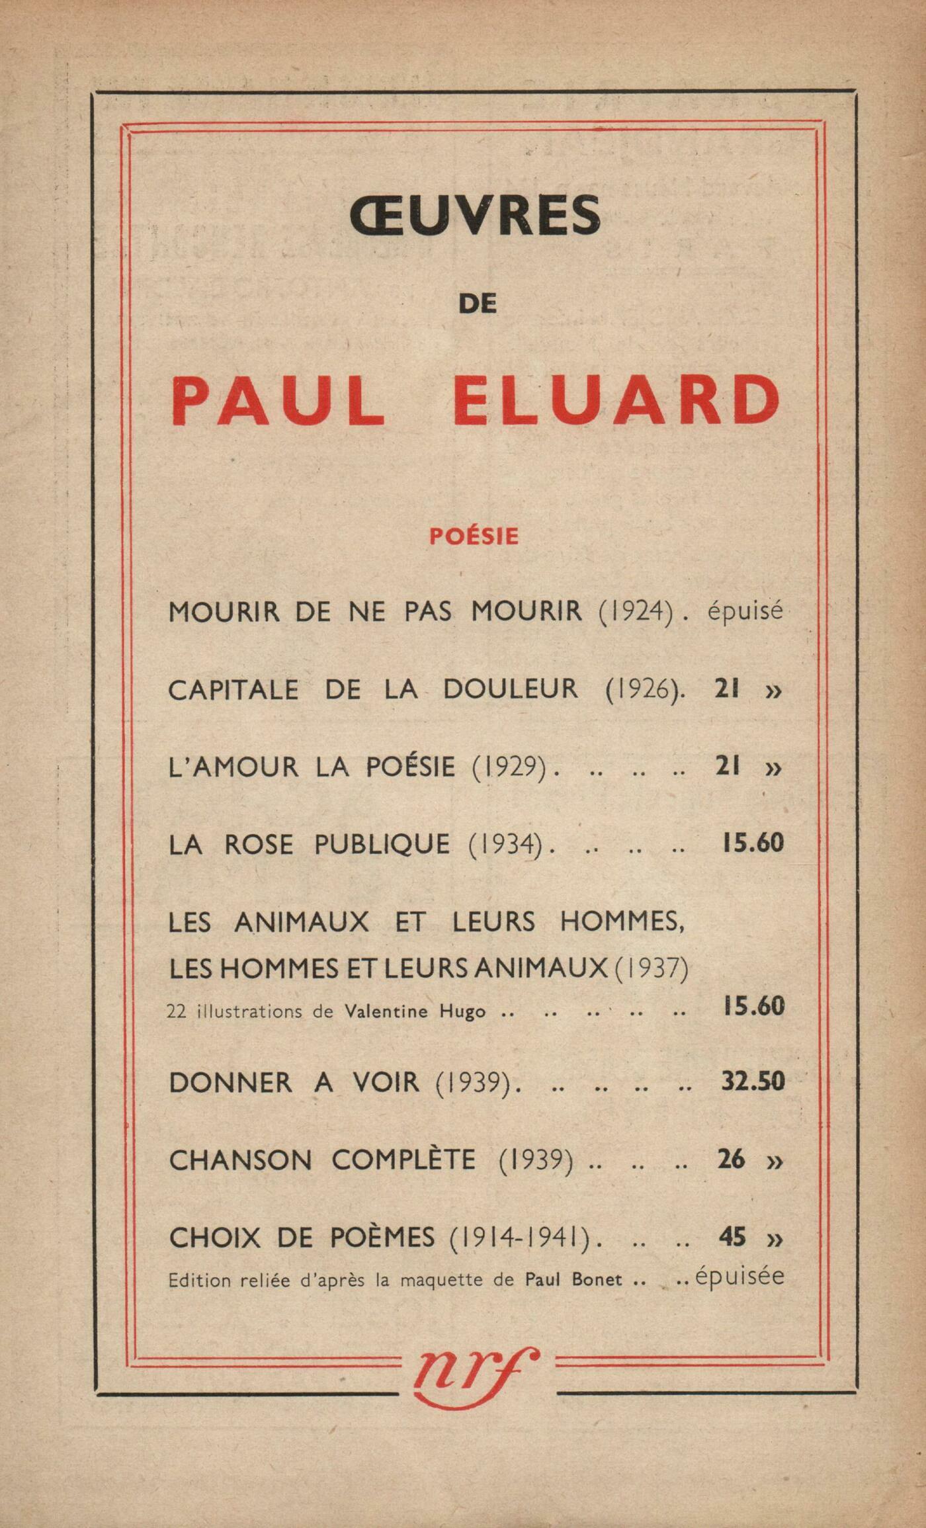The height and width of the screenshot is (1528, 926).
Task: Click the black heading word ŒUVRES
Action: pos(475,216)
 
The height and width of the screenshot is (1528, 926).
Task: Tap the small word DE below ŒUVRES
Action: pos(477,304)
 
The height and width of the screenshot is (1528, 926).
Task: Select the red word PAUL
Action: pos(278,402)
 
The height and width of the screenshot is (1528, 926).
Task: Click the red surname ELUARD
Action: pos(617,402)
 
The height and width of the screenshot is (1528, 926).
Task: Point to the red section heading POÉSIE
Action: pos(474,536)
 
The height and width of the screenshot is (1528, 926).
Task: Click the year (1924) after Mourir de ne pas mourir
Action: pos(636,611)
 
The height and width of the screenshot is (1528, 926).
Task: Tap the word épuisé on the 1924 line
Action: pos(745,611)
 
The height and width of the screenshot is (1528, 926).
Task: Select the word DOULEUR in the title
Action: pos(510,689)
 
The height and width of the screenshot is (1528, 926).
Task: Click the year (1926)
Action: pos(644,689)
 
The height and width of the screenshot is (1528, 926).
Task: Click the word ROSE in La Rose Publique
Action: pos(259,845)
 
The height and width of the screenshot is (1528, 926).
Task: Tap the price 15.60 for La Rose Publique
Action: pos(753,843)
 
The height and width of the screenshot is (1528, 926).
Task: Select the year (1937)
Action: pos(652,969)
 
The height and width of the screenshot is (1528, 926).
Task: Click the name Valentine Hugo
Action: pos(415,1011)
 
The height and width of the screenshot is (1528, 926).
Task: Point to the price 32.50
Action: pos(753,1082)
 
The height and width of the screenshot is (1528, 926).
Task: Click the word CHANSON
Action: pos(240,1160)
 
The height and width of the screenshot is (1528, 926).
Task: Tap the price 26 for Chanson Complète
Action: pos(731,1159)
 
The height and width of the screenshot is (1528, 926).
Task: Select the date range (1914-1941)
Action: pos(519,1237)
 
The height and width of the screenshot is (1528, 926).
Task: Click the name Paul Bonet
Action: pos(573,1279)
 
